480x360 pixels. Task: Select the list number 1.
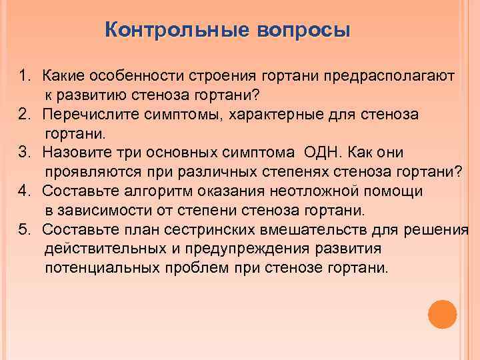[25, 76]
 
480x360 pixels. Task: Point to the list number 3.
[25, 153]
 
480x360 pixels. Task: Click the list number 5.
[25, 230]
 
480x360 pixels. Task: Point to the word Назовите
[74, 153]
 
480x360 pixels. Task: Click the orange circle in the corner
[442, 313]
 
